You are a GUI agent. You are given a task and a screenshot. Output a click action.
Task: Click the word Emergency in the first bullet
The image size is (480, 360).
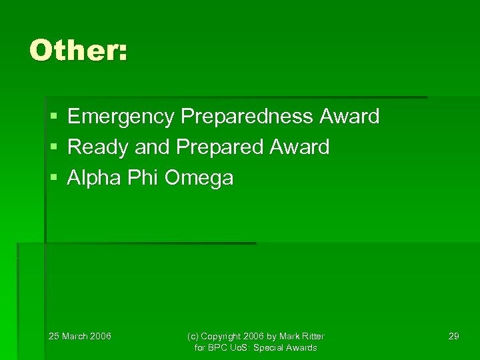tap(120, 117)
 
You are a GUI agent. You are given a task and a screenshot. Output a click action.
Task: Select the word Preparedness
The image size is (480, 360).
tap(247, 117)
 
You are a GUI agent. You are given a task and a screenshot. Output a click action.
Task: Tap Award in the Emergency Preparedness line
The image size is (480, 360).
tap(349, 117)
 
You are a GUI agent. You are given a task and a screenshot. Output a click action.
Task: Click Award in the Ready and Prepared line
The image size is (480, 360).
tap(299, 147)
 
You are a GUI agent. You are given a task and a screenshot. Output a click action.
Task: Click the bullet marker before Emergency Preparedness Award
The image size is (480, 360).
tap(54, 117)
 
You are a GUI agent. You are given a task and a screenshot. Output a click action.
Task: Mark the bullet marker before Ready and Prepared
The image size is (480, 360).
tap(54, 147)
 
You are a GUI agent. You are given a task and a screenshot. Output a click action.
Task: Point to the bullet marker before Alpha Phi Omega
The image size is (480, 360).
tap(54, 178)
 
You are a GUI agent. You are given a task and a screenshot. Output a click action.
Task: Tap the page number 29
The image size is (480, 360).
tap(453, 336)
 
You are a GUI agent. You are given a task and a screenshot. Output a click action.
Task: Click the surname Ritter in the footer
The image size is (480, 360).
tap(311, 336)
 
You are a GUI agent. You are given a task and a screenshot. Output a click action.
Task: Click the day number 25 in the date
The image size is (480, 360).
tap(54, 336)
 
